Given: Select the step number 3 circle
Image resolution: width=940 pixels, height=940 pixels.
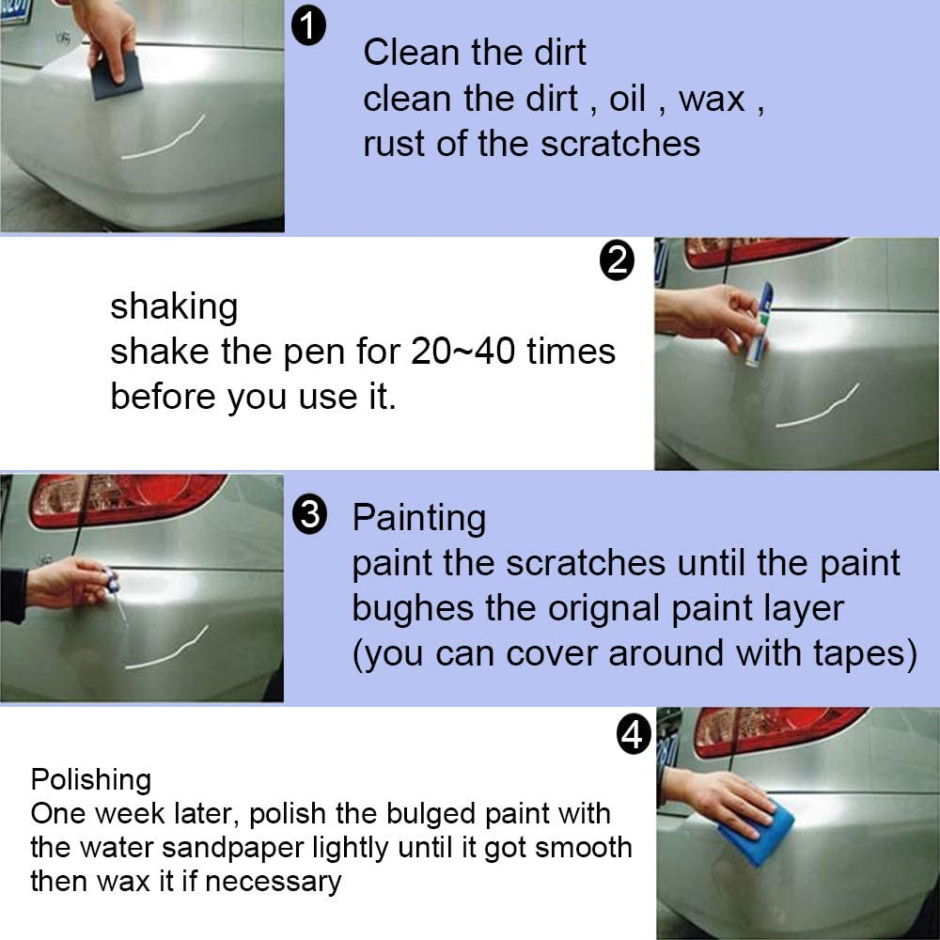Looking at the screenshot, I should pyautogui.click(x=309, y=516).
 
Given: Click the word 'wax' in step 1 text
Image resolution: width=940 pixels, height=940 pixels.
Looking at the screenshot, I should pyautogui.click(x=712, y=99).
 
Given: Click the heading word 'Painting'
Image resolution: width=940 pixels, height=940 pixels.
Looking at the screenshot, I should pyautogui.click(x=419, y=518).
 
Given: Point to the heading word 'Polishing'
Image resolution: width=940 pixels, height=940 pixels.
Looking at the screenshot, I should pyautogui.click(x=90, y=779).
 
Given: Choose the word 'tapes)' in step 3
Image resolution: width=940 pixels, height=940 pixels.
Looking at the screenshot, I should pyautogui.click(x=867, y=653).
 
